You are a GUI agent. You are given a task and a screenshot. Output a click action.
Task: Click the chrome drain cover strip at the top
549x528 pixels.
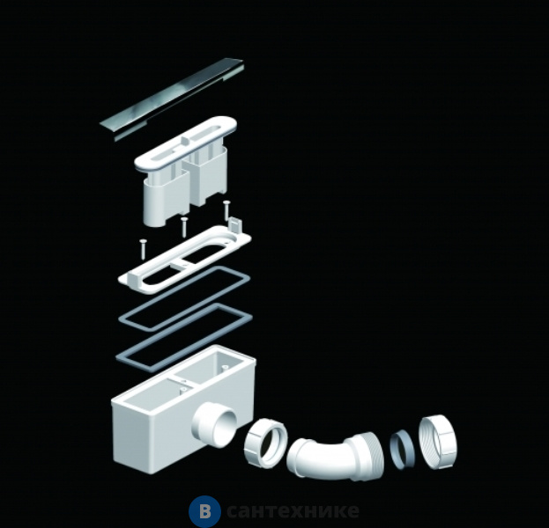[x=172, y=99]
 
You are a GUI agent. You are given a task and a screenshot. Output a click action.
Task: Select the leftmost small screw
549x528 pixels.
[x=144, y=249]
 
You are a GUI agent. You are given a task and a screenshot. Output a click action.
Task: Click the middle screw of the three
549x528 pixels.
[x=184, y=226]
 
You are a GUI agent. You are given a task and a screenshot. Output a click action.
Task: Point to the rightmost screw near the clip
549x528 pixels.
[x=226, y=209]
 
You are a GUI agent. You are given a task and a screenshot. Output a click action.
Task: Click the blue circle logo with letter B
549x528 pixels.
[x=204, y=511]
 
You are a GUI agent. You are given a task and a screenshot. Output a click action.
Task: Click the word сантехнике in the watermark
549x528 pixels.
[x=293, y=511]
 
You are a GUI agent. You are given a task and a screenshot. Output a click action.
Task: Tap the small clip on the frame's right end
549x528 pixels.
[x=234, y=224]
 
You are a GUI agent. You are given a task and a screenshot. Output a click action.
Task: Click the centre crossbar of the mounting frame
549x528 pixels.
[x=182, y=263]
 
